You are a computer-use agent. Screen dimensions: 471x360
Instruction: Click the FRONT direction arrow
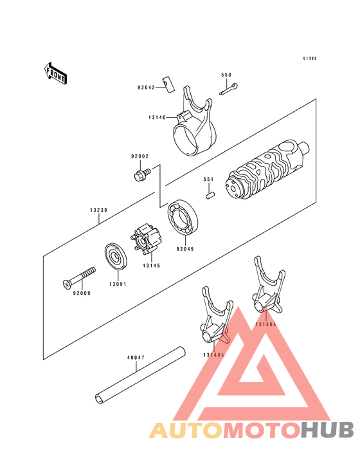[x=56, y=73]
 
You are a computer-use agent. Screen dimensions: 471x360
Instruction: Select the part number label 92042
[x=145, y=88]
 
